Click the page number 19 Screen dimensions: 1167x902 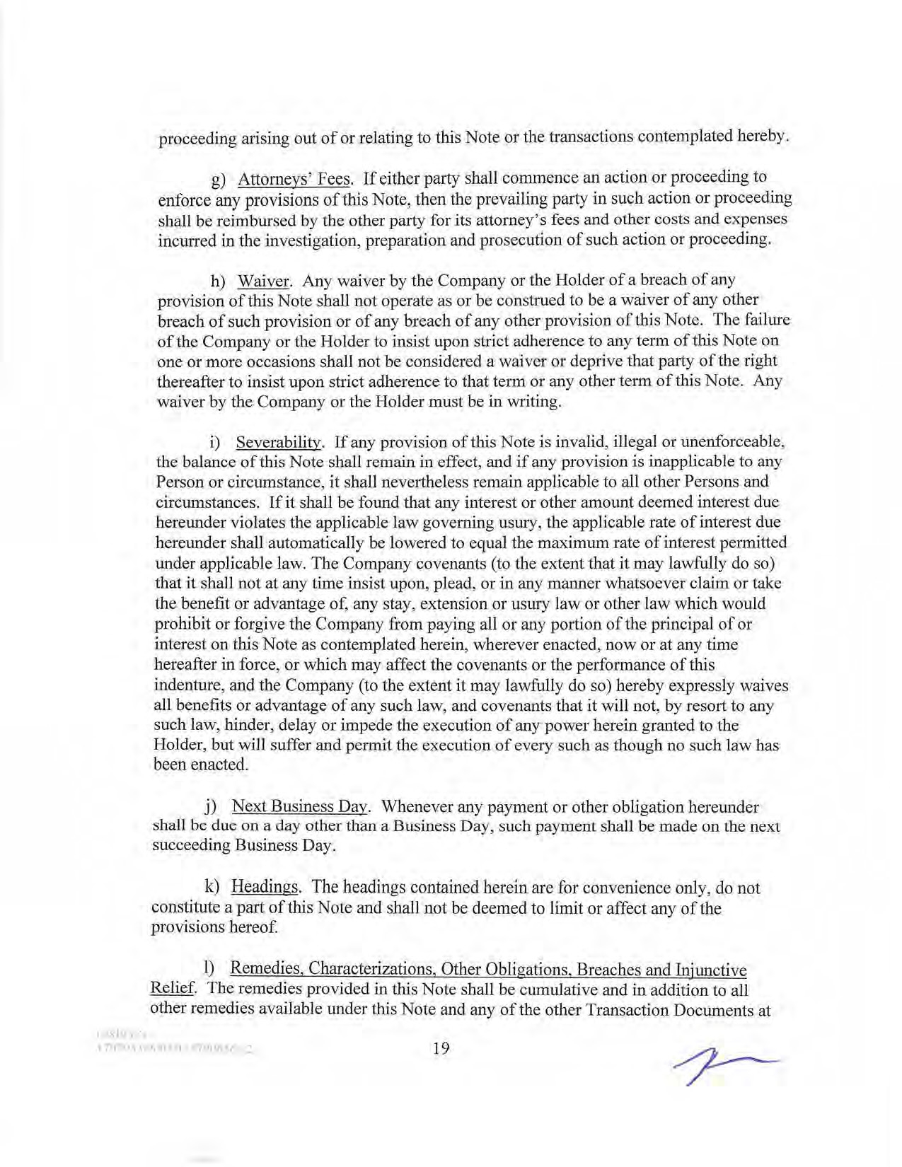pos(441,1048)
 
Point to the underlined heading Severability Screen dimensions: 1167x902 pos(279,443)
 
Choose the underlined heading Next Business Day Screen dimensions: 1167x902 pos(299,806)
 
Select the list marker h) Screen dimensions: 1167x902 pos(218,281)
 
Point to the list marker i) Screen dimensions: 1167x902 pos(215,443)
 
